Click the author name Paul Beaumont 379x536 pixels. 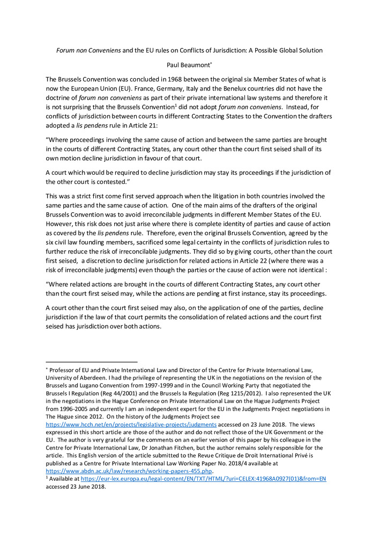tap(189, 64)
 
